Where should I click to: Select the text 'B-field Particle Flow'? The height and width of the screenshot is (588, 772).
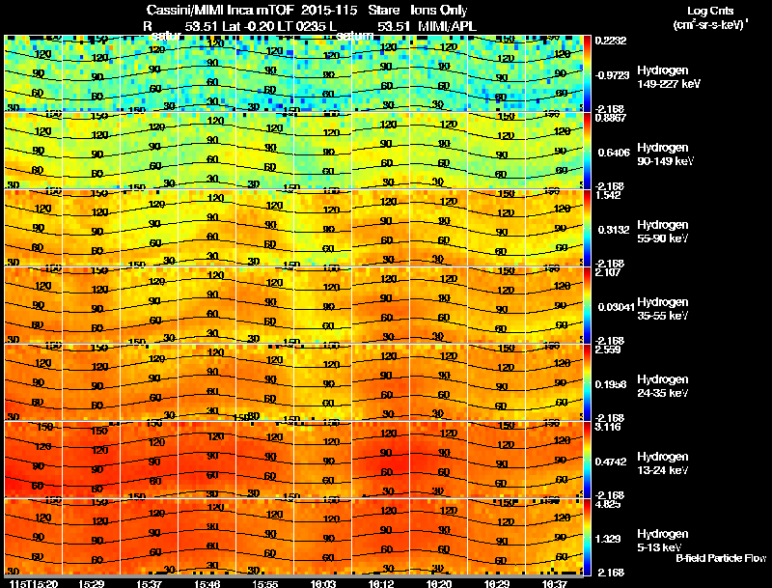pyautogui.click(x=720, y=559)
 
